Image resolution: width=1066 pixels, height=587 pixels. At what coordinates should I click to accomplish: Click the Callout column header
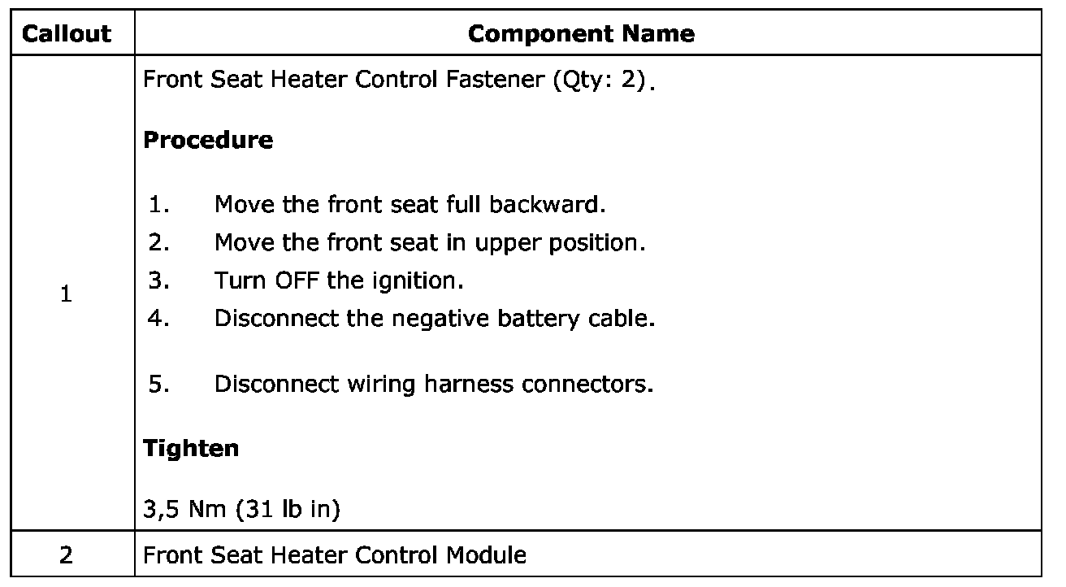[67, 33]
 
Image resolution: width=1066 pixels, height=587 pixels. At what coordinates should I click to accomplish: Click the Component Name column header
[582, 33]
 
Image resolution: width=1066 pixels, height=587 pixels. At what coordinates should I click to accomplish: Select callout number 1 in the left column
[67, 296]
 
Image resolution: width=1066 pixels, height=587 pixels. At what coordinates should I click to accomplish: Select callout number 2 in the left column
[67, 555]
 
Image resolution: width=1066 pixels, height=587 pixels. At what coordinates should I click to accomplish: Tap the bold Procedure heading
[208, 140]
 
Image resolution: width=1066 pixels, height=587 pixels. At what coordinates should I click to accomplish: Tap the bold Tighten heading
[191, 448]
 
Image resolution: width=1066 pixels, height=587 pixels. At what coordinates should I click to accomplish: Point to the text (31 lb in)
[288, 510]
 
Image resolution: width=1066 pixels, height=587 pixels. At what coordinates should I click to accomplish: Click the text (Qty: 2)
[603, 81]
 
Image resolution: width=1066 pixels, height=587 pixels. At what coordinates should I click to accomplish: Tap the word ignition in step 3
[423, 281]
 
